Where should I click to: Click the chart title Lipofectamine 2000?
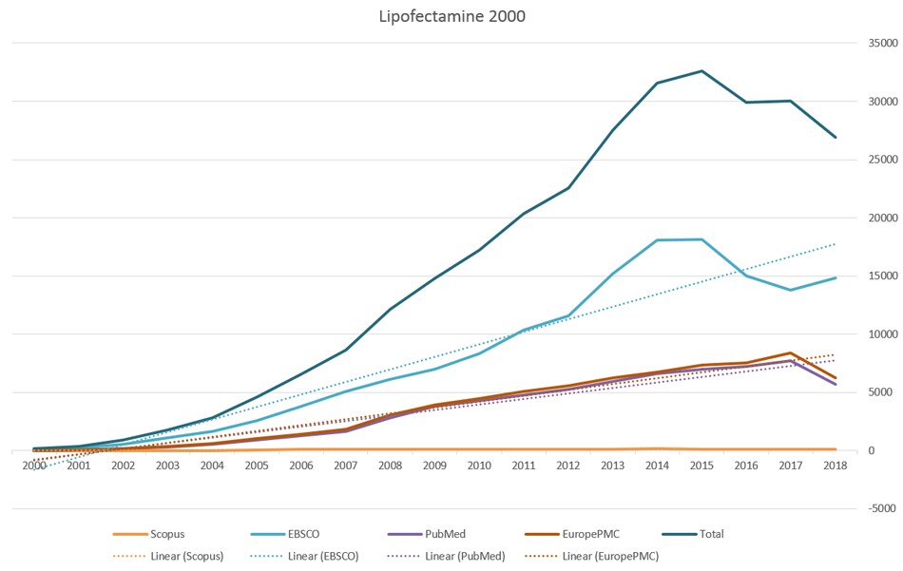[451, 16]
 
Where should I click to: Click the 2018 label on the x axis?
[835, 466]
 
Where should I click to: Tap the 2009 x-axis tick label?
[434, 466]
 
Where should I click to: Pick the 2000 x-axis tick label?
[34, 466]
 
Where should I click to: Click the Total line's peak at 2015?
[701, 70]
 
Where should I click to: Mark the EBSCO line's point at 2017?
[791, 290]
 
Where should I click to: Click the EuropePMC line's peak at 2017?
[791, 352]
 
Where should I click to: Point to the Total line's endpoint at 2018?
[835, 137]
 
